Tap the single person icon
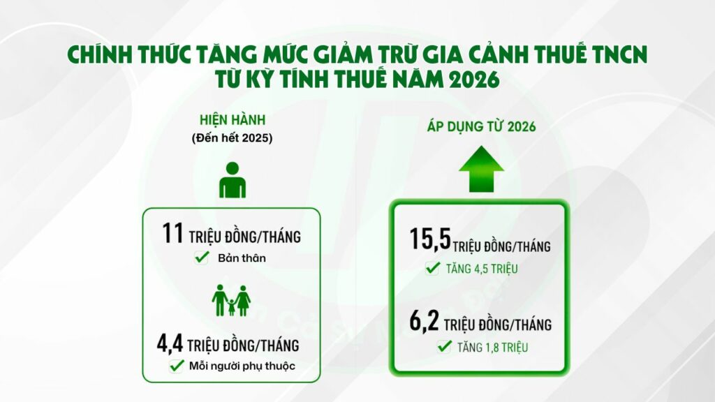click(233, 181)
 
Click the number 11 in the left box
click(172, 235)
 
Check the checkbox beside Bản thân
click(201, 258)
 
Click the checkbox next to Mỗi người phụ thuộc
click(175, 366)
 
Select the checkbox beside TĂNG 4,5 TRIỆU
click(432, 267)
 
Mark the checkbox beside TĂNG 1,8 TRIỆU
click(443, 346)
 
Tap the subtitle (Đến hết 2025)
click(232, 137)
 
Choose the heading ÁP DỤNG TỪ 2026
click(481, 127)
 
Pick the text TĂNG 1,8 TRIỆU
click(493, 347)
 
